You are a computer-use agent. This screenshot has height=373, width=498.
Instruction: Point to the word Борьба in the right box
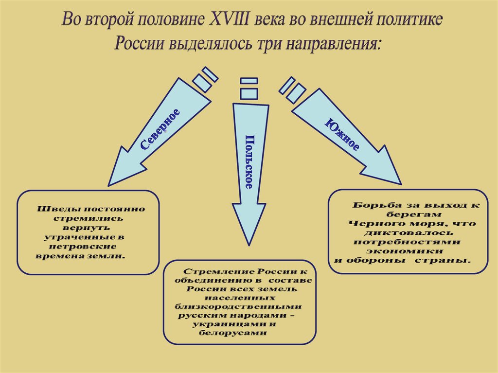tap(372, 205)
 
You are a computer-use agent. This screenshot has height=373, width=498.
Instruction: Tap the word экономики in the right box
tap(405, 251)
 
